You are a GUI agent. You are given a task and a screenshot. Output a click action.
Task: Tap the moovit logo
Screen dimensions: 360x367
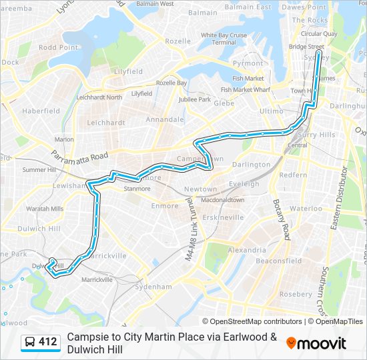[316, 343]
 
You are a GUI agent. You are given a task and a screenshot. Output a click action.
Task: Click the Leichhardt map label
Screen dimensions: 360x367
[105, 123]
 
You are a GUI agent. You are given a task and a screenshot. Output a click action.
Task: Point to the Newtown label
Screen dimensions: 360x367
[201, 189]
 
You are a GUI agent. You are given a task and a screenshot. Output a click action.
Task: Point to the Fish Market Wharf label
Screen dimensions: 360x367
[245, 89]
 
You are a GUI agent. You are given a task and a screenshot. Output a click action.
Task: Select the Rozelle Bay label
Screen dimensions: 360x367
[171, 83]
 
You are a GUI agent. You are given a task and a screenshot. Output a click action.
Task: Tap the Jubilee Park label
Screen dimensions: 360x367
[194, 99]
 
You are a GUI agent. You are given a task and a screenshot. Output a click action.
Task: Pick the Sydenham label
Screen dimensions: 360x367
[153, 287]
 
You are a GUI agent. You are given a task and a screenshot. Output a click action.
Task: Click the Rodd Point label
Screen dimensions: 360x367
[58, 47]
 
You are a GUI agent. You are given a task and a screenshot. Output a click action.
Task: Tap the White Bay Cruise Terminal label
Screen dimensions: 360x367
[224, 39]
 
